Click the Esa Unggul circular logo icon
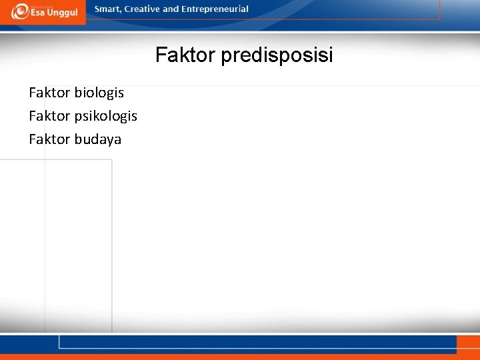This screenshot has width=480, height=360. [x=19, y=11]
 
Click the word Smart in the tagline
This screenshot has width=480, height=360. [x=107, y=9]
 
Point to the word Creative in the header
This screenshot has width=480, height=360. [x=141, y=9]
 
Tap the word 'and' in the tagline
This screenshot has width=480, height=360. [x=171, y=9]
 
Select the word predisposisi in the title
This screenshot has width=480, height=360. [x=277, y=55]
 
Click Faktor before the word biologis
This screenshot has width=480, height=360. [x=49, y=92]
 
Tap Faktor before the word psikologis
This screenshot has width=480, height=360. [x=49, y=116]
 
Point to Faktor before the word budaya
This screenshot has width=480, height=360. [x=49, y=139]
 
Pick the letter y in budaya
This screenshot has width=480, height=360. [x=108, y=141]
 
